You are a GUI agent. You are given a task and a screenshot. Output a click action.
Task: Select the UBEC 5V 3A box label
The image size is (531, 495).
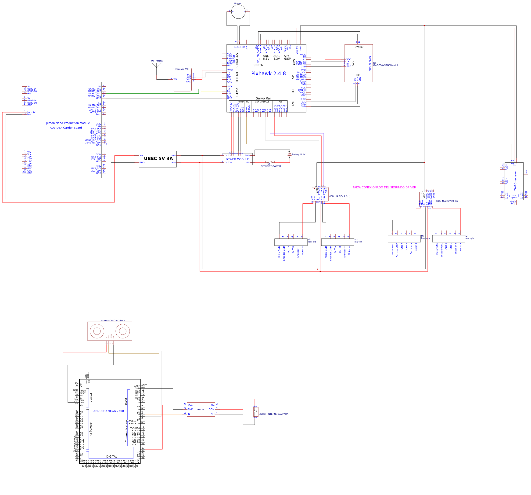[x=158, y=159]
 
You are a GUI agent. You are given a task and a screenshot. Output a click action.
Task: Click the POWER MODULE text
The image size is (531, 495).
[x=237, y=159]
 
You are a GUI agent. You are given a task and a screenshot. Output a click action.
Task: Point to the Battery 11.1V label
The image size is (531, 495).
[x=298, y=154]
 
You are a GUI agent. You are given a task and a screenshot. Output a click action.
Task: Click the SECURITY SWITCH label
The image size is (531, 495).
[x=271, y=166]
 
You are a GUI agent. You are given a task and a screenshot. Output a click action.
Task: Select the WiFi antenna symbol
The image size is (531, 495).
[x=157, y=67]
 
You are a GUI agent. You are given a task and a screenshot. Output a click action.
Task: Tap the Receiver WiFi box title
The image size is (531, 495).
[x=182, y=69]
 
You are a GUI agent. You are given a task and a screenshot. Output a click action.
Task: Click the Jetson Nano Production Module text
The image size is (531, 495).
[x=68, y=123]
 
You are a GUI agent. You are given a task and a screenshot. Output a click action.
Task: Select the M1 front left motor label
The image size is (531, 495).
[x=312, y=241]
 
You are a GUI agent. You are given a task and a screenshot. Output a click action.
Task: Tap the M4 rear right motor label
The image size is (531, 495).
[x=470, y=237]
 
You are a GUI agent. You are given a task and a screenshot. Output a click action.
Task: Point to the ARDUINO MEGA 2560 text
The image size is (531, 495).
[x=108, y=411]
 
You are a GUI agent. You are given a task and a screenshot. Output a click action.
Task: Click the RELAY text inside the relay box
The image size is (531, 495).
[x=201, y=409]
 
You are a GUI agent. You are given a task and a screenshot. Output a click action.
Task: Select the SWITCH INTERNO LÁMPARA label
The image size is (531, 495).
[x=273, y=414]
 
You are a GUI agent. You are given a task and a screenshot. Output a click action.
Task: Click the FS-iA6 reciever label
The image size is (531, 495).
[x=515, y=181]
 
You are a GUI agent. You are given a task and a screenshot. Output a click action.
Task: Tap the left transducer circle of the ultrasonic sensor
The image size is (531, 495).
[x=97, y=331]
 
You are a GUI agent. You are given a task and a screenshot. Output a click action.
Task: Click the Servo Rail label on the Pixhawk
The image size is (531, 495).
[x=263, y=98]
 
